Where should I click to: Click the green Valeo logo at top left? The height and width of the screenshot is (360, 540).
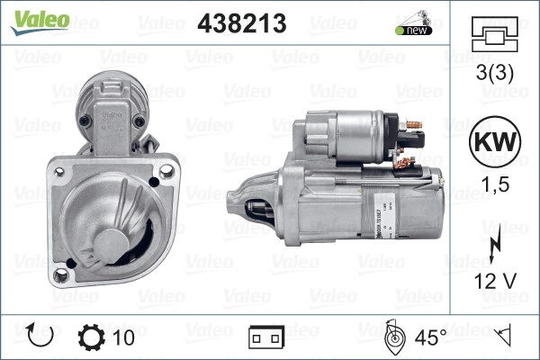(x=40, y=22)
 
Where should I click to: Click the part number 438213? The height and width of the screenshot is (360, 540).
(x=242, y=23)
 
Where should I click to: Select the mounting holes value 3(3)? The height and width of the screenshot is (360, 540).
(x=494, y=72)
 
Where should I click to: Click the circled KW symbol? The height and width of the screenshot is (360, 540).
(x=495, y=141)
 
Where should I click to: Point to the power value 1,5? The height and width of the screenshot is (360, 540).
(x=495, y=184)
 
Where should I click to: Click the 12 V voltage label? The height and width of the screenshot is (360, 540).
(x=495, y=281)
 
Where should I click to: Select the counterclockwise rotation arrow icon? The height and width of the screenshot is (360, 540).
(x=40, y=335)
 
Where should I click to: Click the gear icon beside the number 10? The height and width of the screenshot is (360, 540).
(x=91, y=337)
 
